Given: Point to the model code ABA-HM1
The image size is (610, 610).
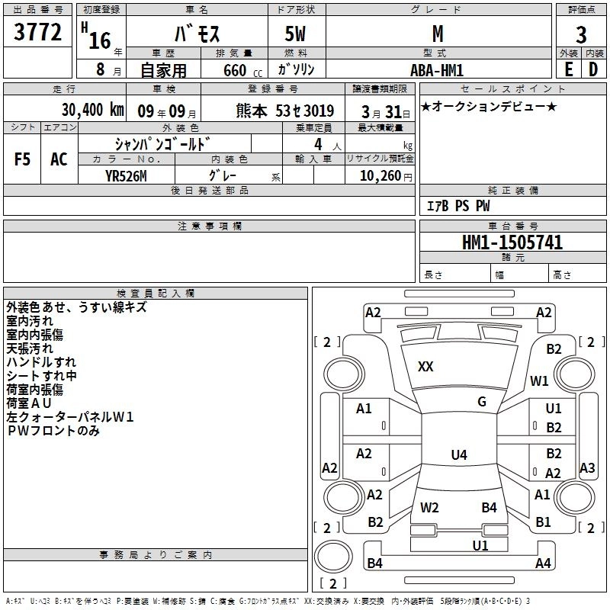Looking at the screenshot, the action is coord(436,69).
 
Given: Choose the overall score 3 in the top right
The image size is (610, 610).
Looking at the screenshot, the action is coord(581,35).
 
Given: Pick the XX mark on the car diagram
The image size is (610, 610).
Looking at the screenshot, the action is coord(425,367).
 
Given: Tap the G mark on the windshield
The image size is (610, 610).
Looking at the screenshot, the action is coord(481,402).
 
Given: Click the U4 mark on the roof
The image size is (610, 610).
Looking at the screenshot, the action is coord(458,455).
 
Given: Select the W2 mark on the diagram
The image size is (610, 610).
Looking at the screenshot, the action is coord(429,507).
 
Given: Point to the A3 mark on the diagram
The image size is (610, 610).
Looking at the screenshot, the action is coord(587,467).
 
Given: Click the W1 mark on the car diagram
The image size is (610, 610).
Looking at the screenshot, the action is coord(540,380).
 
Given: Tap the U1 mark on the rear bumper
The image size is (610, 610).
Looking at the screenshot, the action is coord(480,545).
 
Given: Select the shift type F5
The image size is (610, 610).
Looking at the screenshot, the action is coord(23,159).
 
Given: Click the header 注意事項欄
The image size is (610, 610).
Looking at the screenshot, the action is coord(209,226).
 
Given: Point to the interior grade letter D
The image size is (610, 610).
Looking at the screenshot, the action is coord(592,69).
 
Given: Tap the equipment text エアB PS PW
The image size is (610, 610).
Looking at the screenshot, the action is coord(457,206).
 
